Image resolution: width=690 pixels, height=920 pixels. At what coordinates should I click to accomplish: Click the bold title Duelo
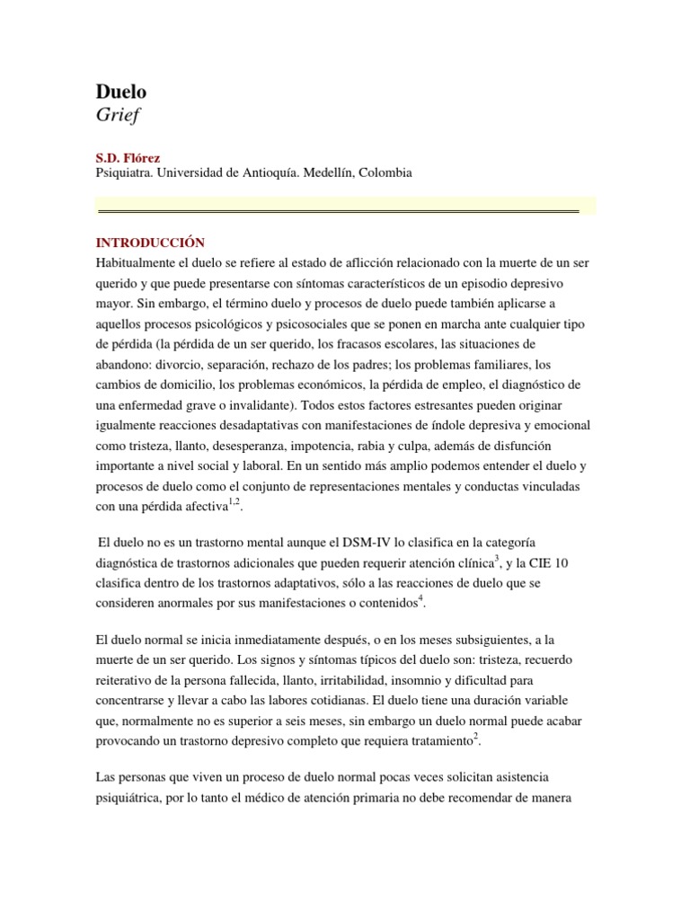coord(120,91)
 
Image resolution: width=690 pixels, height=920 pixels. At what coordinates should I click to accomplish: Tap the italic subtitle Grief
coord(118,114)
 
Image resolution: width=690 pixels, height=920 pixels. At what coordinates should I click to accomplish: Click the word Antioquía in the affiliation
coord(267,173)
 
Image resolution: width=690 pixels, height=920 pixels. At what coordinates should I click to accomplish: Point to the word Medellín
coord(324,173)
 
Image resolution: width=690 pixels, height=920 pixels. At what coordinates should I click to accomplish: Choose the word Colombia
coord(385,173)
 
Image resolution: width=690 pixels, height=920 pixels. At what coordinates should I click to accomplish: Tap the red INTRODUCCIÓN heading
coord(150,243)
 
